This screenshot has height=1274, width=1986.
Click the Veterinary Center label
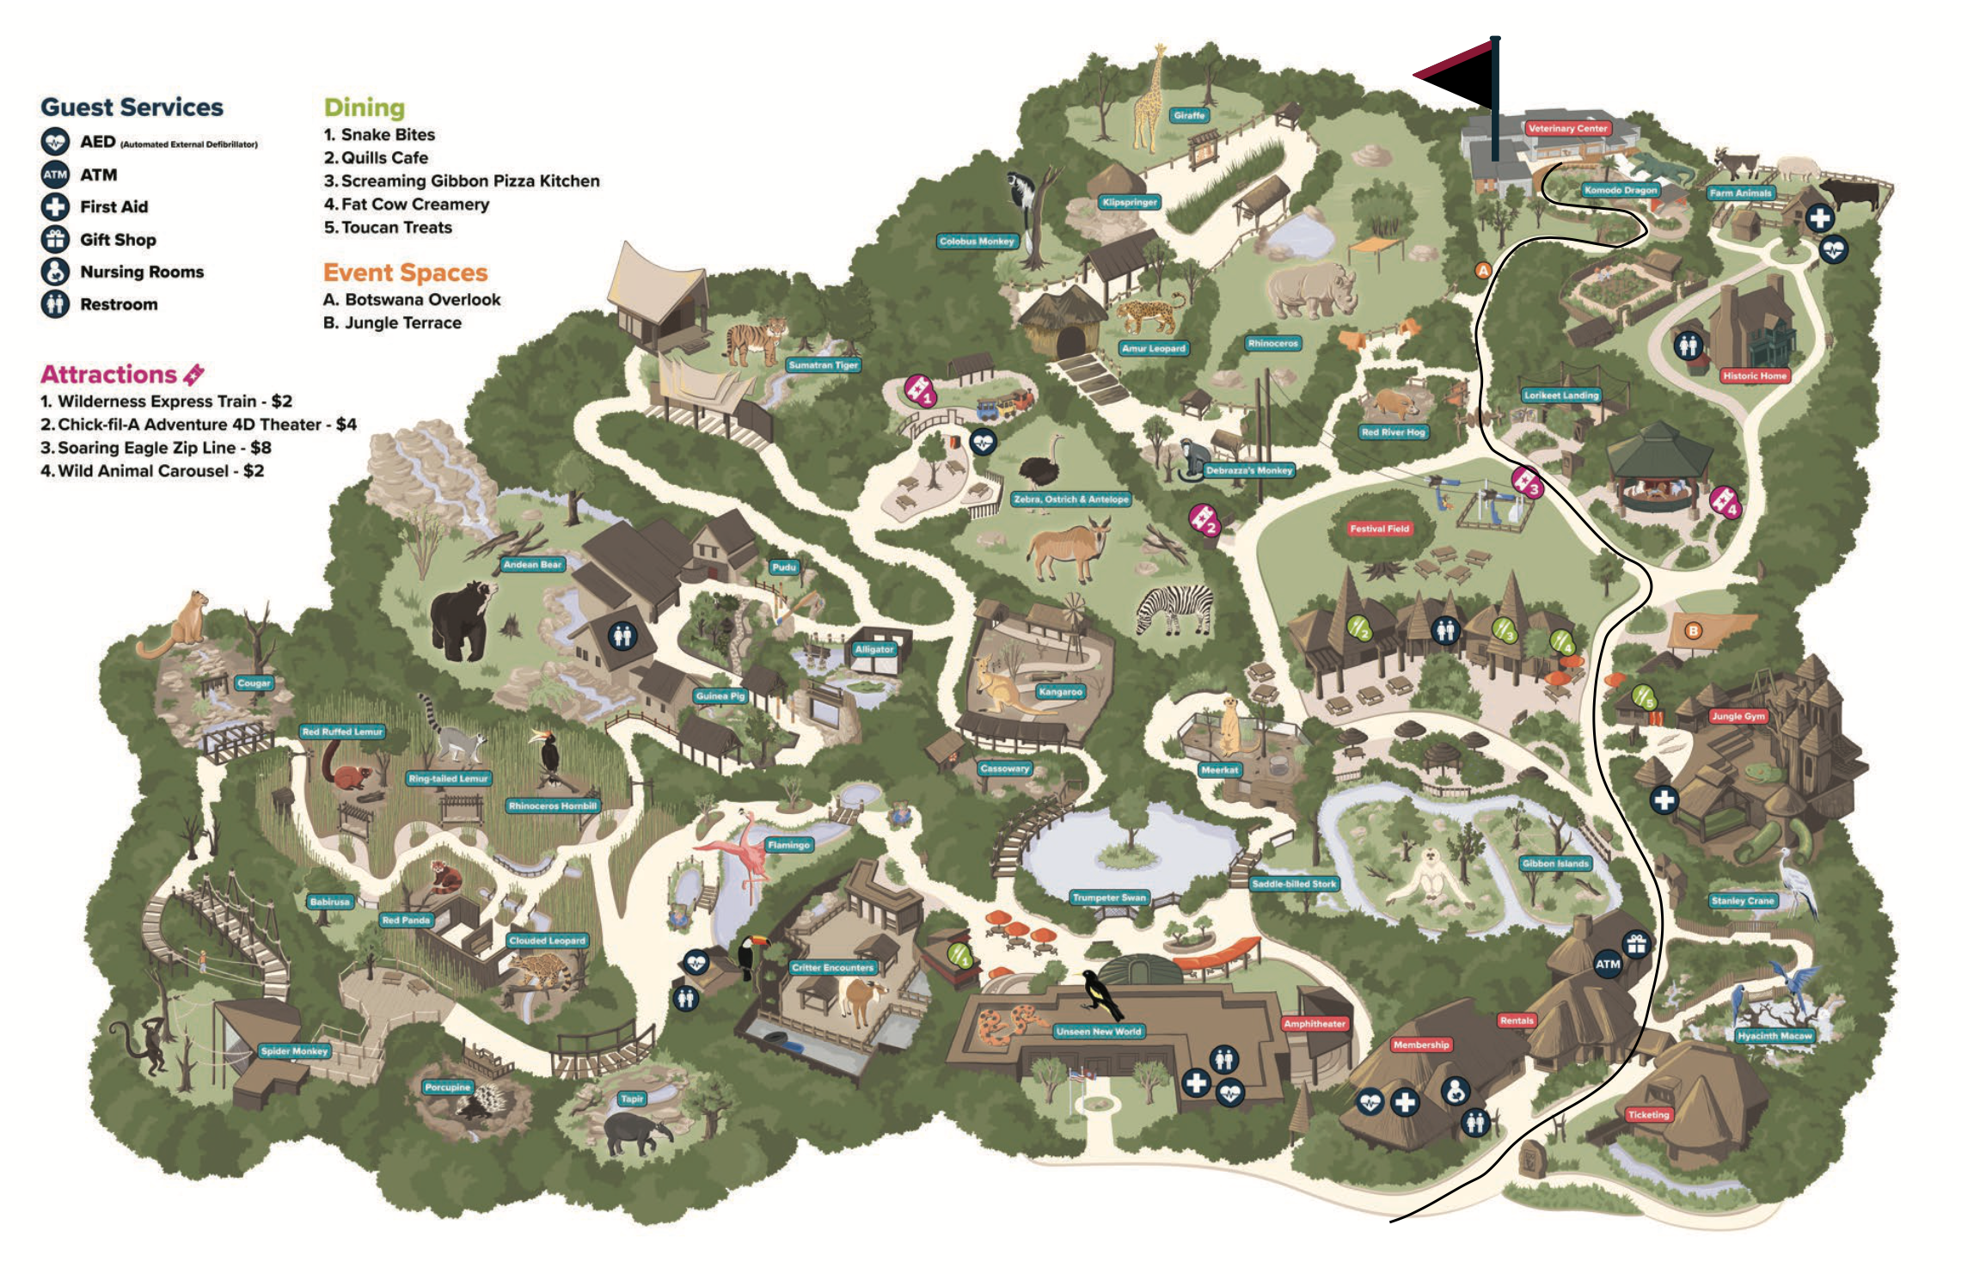tap(1567, 128)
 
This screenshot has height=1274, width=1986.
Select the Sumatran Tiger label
tap(823, 365)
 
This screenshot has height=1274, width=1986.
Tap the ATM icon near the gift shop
tap(1607, 964)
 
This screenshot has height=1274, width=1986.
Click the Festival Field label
tap(1379, 529)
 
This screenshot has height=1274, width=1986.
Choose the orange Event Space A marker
tap(1483, 270)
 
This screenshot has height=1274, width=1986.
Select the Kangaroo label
tap(1060, 692)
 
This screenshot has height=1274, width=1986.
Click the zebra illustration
tap(1175, 609)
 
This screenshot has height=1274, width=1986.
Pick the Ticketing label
tap(1648, 1115)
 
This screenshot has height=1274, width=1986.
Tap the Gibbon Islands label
tap(1554, 863)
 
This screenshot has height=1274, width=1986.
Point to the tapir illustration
tap(636, 1133)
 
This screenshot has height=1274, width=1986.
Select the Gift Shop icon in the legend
tap(55, 239)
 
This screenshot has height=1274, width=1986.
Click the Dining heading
tap(364, 107)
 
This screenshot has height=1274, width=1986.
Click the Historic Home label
tap(1754, 376)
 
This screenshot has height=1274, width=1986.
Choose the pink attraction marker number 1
tap(920, 391)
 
